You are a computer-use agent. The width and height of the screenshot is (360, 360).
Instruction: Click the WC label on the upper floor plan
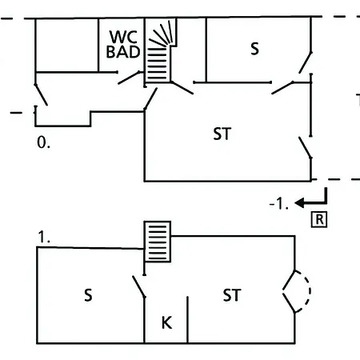[123, 37]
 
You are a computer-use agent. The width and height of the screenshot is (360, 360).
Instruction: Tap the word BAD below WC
[123, 51]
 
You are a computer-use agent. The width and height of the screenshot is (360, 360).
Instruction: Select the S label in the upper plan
[254, 49]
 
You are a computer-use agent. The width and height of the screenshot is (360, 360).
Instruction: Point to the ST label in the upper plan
[222, 134]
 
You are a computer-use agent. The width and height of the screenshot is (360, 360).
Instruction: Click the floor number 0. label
[43, 142]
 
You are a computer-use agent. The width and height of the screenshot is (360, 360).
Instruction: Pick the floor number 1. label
[44, 237]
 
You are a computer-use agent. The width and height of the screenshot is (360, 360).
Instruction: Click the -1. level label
[279, 204]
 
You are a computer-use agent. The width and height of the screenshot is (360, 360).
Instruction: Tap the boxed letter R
[319, 220]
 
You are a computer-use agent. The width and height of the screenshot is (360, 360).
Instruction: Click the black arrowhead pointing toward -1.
[299, 203]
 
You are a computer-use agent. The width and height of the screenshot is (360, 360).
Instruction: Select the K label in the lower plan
[167, 322]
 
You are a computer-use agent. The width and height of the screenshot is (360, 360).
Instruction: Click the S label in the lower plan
[88, 295]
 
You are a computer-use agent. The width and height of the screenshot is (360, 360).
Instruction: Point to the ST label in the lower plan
[232, 295]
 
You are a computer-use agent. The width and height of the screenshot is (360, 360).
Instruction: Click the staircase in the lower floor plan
[158, 242]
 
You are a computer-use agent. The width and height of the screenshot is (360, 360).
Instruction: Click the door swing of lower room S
[139, 286]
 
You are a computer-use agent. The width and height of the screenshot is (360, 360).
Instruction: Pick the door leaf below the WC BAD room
[129, 78]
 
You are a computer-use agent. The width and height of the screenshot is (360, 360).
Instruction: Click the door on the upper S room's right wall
[306, 62]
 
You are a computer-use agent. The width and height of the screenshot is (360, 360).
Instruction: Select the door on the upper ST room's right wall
[305, 148]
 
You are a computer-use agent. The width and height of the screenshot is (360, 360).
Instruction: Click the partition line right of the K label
[187, 320]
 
